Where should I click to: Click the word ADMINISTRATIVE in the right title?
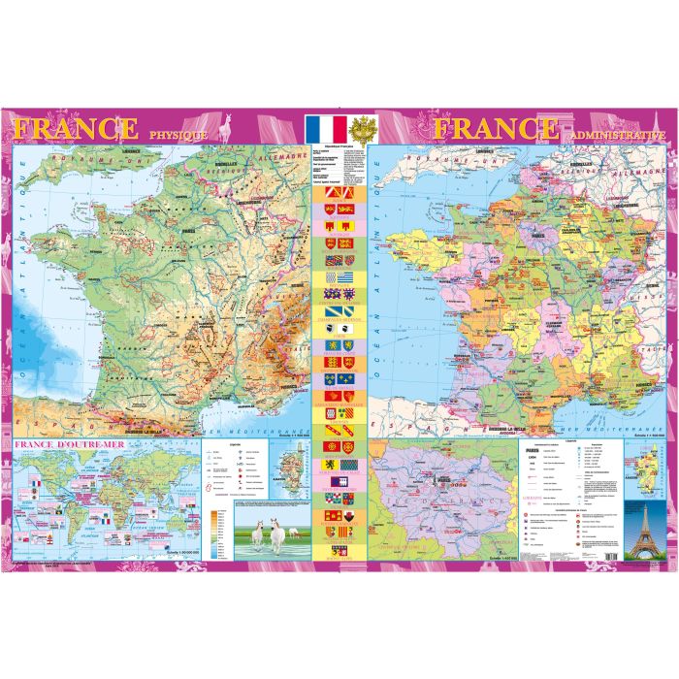coord(617,135)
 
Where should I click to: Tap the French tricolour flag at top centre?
coord(324,129)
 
